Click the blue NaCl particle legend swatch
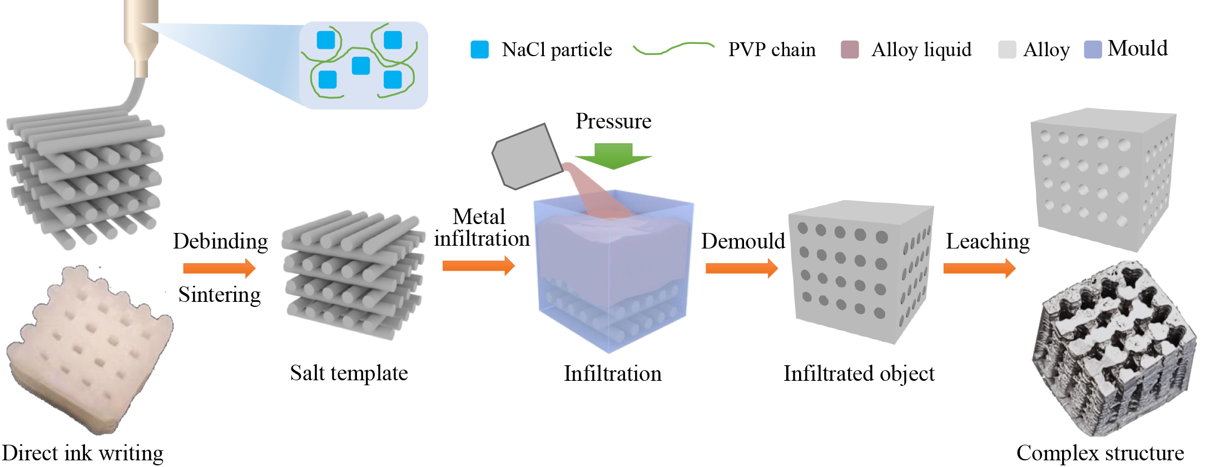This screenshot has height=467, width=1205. click(479, 49)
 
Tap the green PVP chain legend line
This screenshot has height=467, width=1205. click(673, 48)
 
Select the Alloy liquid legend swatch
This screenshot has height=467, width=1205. click(850, 49)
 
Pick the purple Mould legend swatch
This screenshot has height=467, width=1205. click(1093, 49)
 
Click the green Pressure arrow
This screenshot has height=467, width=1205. click(613, 156)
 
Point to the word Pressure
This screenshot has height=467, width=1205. click(613, 121)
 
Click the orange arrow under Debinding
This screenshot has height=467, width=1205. click(219, 269)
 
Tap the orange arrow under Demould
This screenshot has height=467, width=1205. click(741, 269)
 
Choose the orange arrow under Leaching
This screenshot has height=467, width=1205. click(979, 269)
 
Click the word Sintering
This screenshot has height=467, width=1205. click(220, 295)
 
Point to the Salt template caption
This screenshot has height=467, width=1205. click(349, 373)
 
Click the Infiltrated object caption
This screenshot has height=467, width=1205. click(859, 374)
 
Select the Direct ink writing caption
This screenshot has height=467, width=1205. click(82, 453)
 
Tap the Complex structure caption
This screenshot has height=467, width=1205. click(1100, 453)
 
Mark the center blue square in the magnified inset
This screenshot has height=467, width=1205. click(361, 66)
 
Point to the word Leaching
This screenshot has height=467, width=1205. click(988, 241)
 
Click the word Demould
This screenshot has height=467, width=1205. click(743, 241)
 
